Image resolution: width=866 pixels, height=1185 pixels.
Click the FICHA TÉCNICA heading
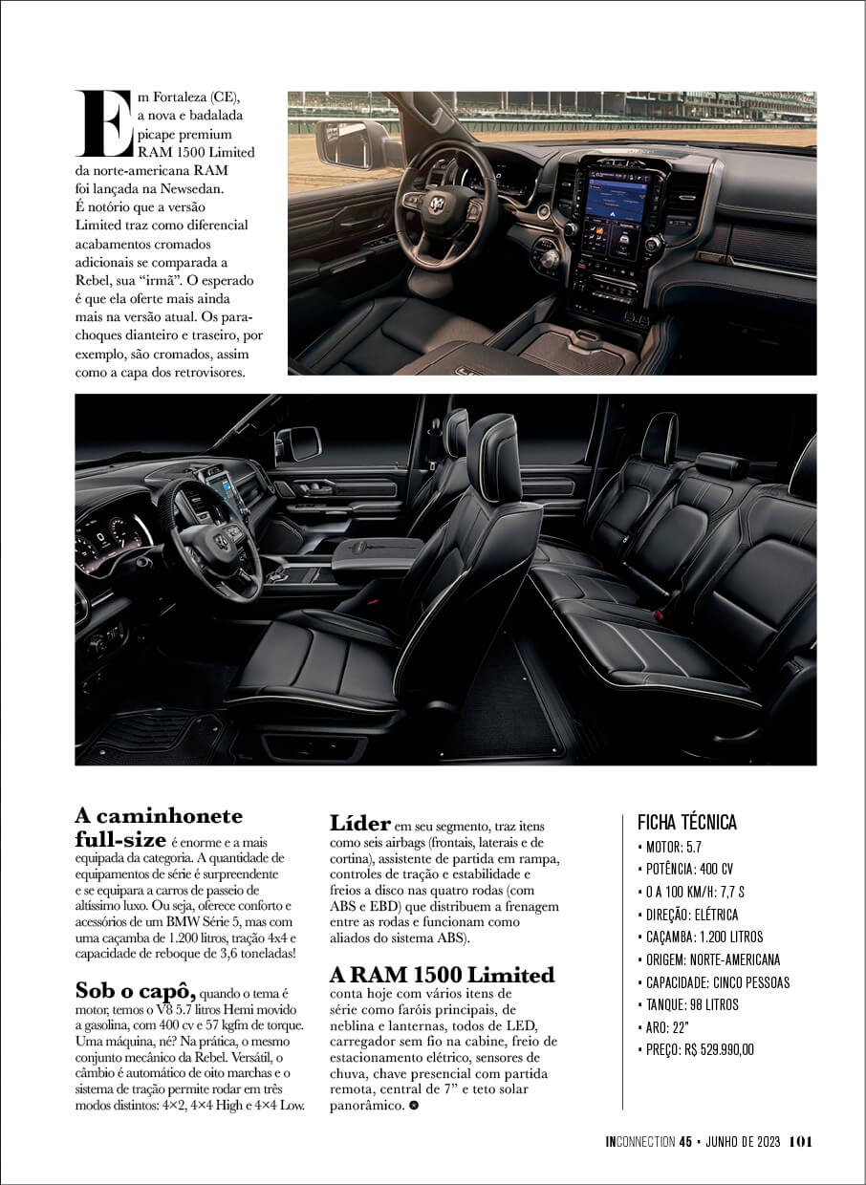click(x=686, y=823)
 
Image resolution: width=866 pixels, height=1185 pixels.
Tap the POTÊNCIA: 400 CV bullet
click(x=688, y=869)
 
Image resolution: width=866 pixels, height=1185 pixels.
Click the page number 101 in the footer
click(x=801, y=1141)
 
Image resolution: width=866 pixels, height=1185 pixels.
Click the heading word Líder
click(x=360, y=823)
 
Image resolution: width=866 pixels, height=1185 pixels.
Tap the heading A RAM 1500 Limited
click(x=442, y=975)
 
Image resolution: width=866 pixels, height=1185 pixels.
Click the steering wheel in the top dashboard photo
click(x=445, y=205)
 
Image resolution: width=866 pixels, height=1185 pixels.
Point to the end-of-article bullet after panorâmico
click(x=413, y=1106)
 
